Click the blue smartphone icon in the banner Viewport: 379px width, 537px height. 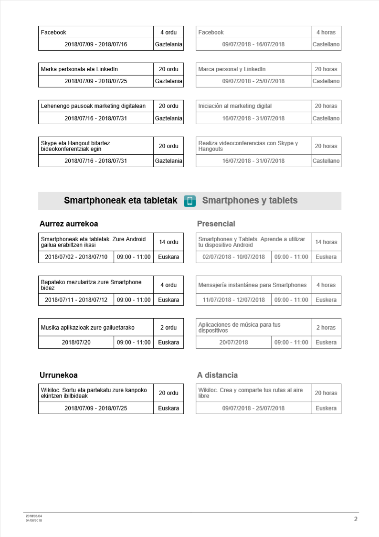point(189,201)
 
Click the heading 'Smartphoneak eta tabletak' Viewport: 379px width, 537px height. point(120,201)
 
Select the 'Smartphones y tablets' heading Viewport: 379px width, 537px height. point(250,201)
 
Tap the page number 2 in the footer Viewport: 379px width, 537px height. point(356,519)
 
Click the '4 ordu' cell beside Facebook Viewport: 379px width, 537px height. point(168,32)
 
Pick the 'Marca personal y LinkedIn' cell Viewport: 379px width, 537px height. point(232,69)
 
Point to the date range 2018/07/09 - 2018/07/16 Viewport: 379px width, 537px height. point(96,45)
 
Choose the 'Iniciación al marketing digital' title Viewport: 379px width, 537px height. point(232,106)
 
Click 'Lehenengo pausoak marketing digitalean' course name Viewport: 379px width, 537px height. point(94,106)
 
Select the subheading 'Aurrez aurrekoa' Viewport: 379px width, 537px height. point(69,224)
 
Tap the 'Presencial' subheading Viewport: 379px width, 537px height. point(216,224)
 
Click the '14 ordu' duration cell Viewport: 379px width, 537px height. point(168,242)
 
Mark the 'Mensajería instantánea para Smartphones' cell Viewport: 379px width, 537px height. point(253,285)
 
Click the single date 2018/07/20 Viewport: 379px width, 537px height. point(76,343)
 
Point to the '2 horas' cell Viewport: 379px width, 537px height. point(326,328)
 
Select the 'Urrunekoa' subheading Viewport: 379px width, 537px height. point(59,375)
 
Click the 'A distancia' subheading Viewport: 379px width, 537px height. point(217,375)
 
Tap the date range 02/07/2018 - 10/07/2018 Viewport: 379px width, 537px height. point(233,257)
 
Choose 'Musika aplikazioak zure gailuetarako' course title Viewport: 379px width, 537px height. point(88,328)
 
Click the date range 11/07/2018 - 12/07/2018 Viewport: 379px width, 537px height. point(233,300)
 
